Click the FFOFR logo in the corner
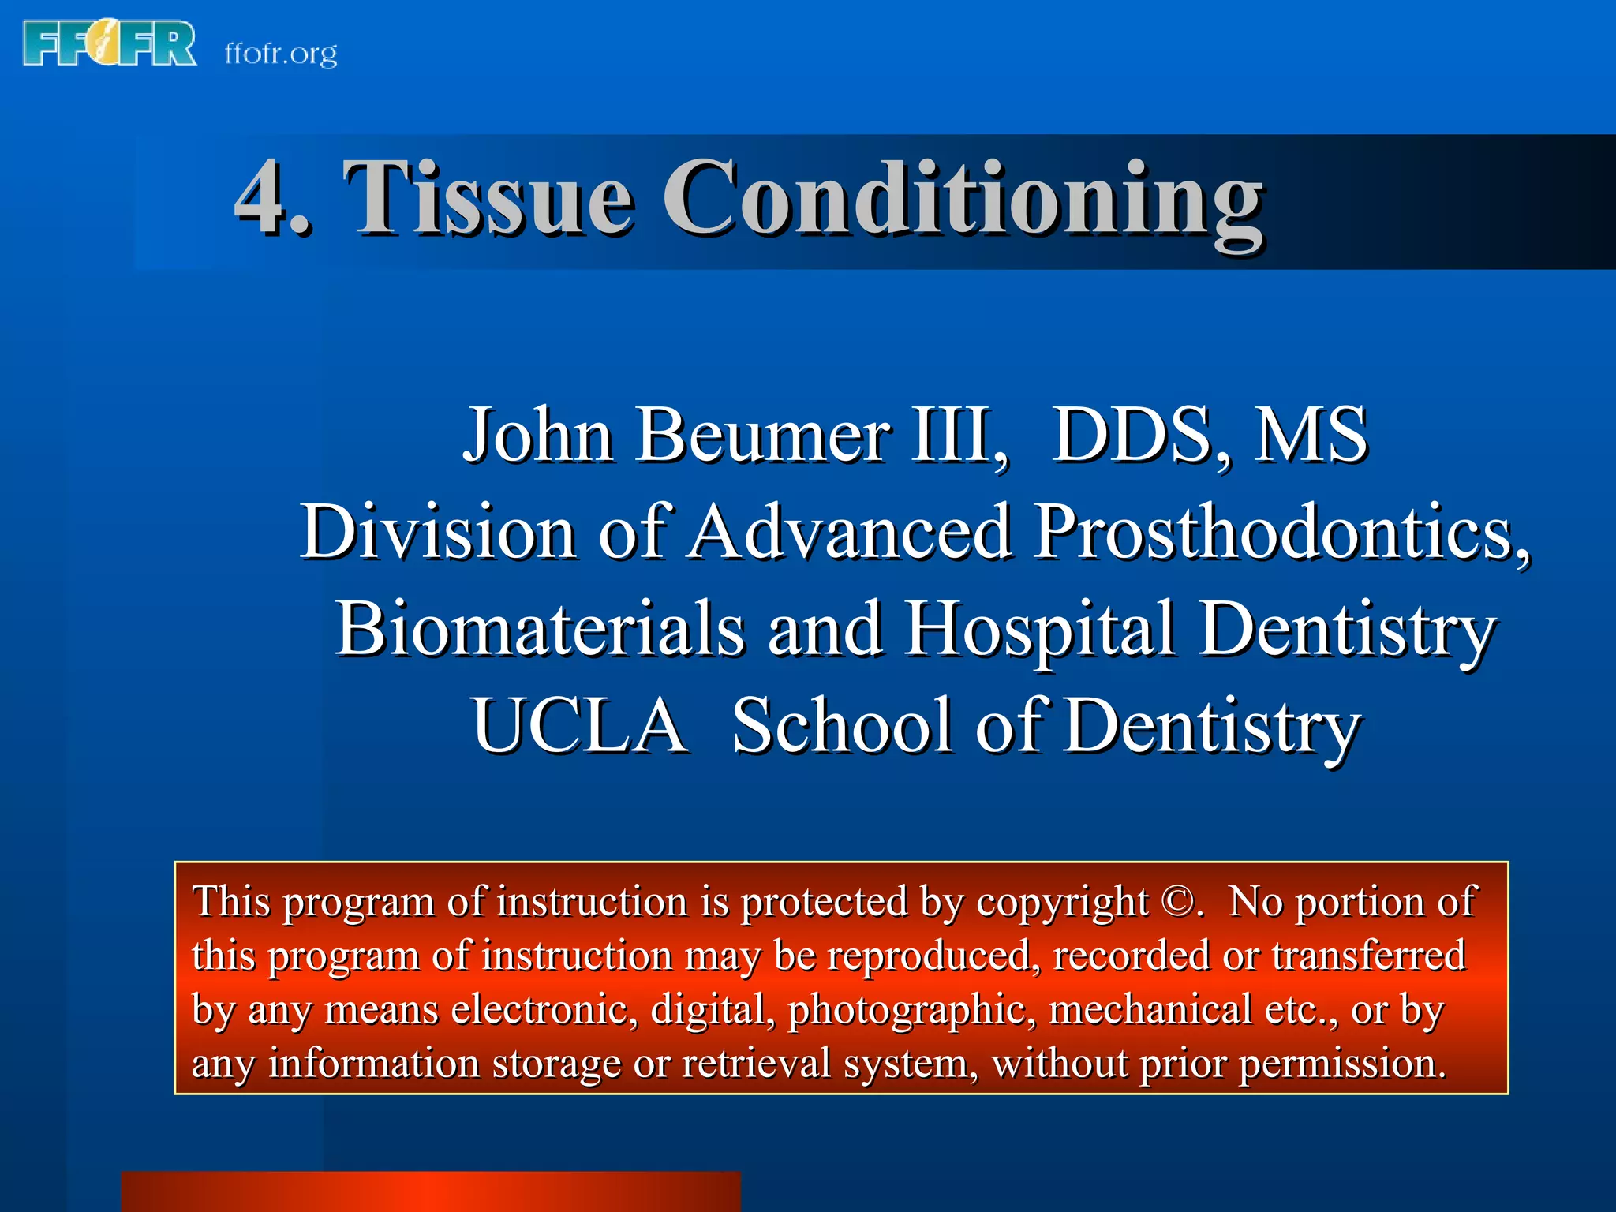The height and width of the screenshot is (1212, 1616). (x=110, y=44)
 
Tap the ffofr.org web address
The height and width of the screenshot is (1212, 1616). (x=281, y=54)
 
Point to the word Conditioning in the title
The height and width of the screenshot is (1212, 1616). (x=963, y=199)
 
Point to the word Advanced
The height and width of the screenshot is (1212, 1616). (x=851, y=532)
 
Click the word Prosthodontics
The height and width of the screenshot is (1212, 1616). (x=1278, y=532)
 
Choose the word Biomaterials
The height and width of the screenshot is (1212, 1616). (x=541, y=629)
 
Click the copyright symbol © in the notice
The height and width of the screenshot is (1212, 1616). (x=1179, y=902)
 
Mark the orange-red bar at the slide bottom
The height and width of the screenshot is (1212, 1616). (x=431, y=1191)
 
